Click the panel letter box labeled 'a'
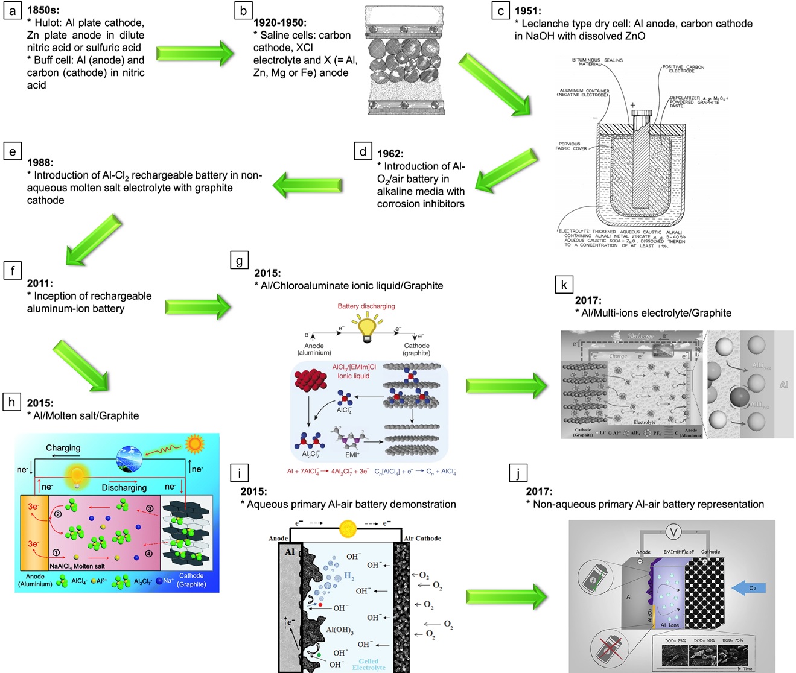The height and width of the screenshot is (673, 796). [x=12, y=11]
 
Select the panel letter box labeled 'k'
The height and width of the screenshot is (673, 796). [x=564, y=285]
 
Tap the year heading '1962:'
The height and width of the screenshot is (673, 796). [x=390, y=154]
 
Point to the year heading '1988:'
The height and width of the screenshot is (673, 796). [x=40, y=163]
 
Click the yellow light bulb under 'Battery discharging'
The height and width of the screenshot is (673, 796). [x=367, y=329]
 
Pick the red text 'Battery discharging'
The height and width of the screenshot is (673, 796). [x=366, y=306]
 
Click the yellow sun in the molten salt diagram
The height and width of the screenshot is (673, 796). [x=194, y=444]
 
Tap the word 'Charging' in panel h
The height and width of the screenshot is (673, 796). [x=63, y=448]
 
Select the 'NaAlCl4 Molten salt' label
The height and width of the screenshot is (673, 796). [x=77, y=566]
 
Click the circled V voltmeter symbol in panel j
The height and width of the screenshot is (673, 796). [x=673, y=531]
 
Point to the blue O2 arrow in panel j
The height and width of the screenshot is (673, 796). [x=748, y=588]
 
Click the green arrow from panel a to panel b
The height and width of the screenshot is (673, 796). [x=194, y=54]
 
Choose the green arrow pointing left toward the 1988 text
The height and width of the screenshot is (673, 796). [x=308, y=185]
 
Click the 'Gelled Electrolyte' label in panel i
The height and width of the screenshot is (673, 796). [x=369, y=664]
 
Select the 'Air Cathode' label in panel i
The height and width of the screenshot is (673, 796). [x=422, y=539]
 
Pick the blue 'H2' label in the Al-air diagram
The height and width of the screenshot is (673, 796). [x=349, y=577]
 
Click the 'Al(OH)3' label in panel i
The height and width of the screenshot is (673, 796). [x=340, y=630]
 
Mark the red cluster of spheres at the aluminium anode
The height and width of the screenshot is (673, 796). [x=310, y=379]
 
